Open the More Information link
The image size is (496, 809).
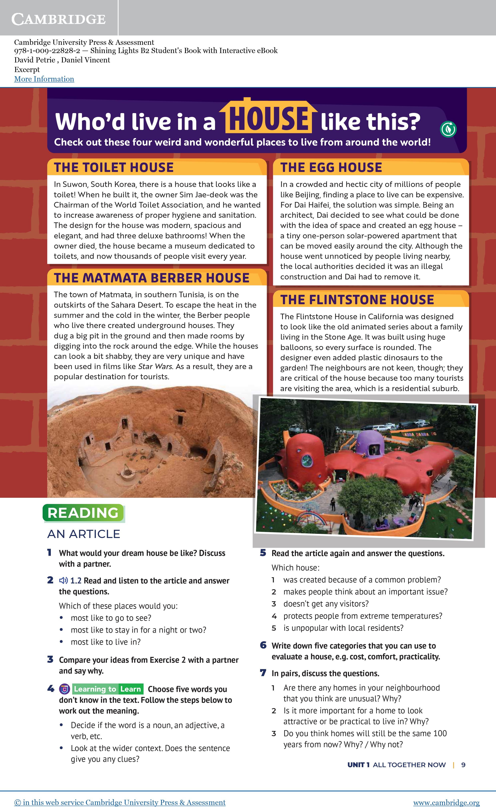[44, 79]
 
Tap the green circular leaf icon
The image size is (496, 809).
[448, 129]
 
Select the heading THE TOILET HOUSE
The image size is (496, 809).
[114, 168]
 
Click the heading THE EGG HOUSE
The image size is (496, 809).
[331, 168]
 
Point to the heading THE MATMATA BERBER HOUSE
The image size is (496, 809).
[152, 278]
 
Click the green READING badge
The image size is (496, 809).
[83, 513]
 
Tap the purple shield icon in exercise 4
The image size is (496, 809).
[64, 689]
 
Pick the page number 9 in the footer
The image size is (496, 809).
[463, 765]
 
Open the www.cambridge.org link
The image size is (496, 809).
[446, 802]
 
